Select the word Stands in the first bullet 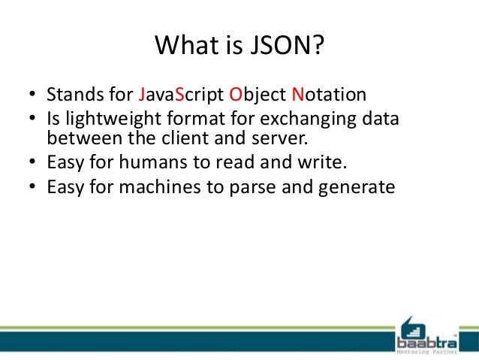pyautogui.click(x=74, y=95)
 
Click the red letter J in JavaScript pyautogui.click(x=143, y=95)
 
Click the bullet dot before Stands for pyautogui.click(x=32, y=96)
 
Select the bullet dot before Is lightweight pyautogui.click(x=32, y=122)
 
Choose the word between pyautogui.click(x=79, y=138)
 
